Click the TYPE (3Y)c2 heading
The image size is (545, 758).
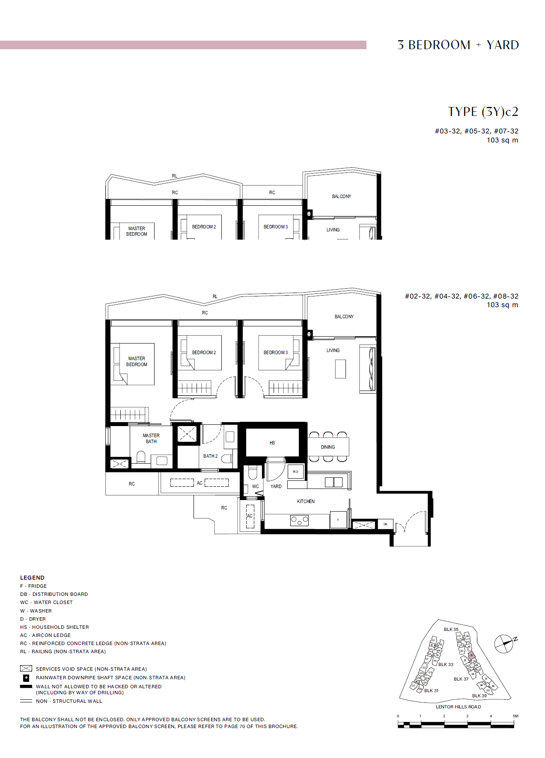[483, 112]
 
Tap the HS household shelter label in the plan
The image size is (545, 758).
[272, 443]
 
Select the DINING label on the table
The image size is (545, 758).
[328, 447]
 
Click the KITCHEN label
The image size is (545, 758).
[306, 501]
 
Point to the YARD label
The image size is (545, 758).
[276, 486]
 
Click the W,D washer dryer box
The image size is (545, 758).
[295, 471]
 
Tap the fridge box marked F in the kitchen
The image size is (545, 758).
[338, 520]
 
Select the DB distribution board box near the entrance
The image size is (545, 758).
[385, 524]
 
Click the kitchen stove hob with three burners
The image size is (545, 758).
[299, 521]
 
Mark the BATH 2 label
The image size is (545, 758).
[210, 456]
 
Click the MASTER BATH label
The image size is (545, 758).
[151, 438]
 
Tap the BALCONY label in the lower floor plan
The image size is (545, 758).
[344, 317]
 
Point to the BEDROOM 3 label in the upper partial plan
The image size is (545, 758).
[276, 227]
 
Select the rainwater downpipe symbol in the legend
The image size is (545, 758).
[26, 678]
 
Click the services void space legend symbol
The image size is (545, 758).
[26, 669]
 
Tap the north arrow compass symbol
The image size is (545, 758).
[504, 643]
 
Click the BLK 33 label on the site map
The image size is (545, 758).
[446, 664]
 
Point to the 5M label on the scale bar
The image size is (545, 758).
[515, 716]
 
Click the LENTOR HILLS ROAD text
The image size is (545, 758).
[458, 707]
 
